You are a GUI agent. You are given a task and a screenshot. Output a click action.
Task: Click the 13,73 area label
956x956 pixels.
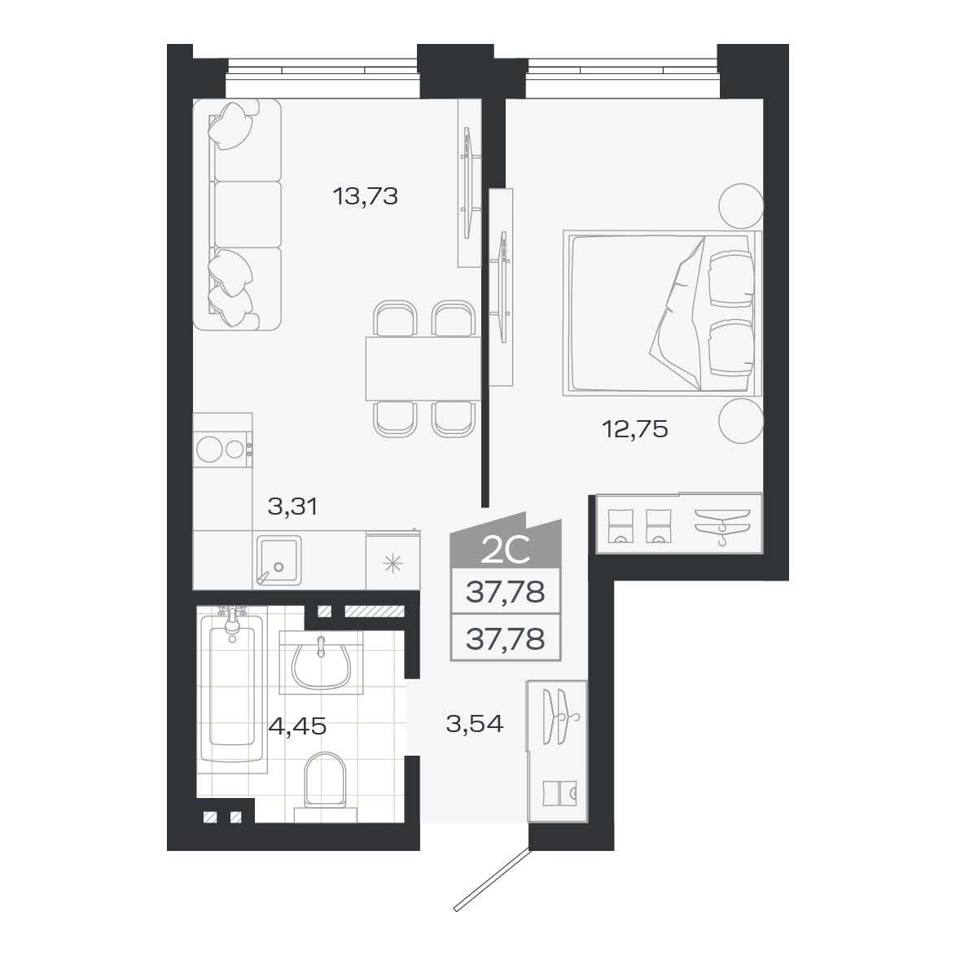click(x=365, y=195)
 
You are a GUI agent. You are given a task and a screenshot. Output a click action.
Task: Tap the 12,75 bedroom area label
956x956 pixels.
click(x=635, y=429)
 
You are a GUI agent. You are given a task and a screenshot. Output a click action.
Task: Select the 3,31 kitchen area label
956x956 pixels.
click(x=292, y=507)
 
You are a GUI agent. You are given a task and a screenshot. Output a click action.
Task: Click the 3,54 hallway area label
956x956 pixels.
click(x=475, y=722)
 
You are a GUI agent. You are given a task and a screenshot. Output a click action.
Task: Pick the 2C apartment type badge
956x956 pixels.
click(x=506, y=550)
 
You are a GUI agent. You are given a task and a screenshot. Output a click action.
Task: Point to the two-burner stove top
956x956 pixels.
click(x=221, y=449)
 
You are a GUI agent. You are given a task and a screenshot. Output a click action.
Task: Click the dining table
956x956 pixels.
click(x=423, y=368)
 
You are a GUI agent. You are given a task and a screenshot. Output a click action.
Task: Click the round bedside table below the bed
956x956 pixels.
click(x=741, y=421)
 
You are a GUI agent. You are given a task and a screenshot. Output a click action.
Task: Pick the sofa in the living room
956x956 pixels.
click(x=236, y=215)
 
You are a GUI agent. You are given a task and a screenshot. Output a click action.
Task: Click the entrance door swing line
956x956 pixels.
click(x=492, y=879)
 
